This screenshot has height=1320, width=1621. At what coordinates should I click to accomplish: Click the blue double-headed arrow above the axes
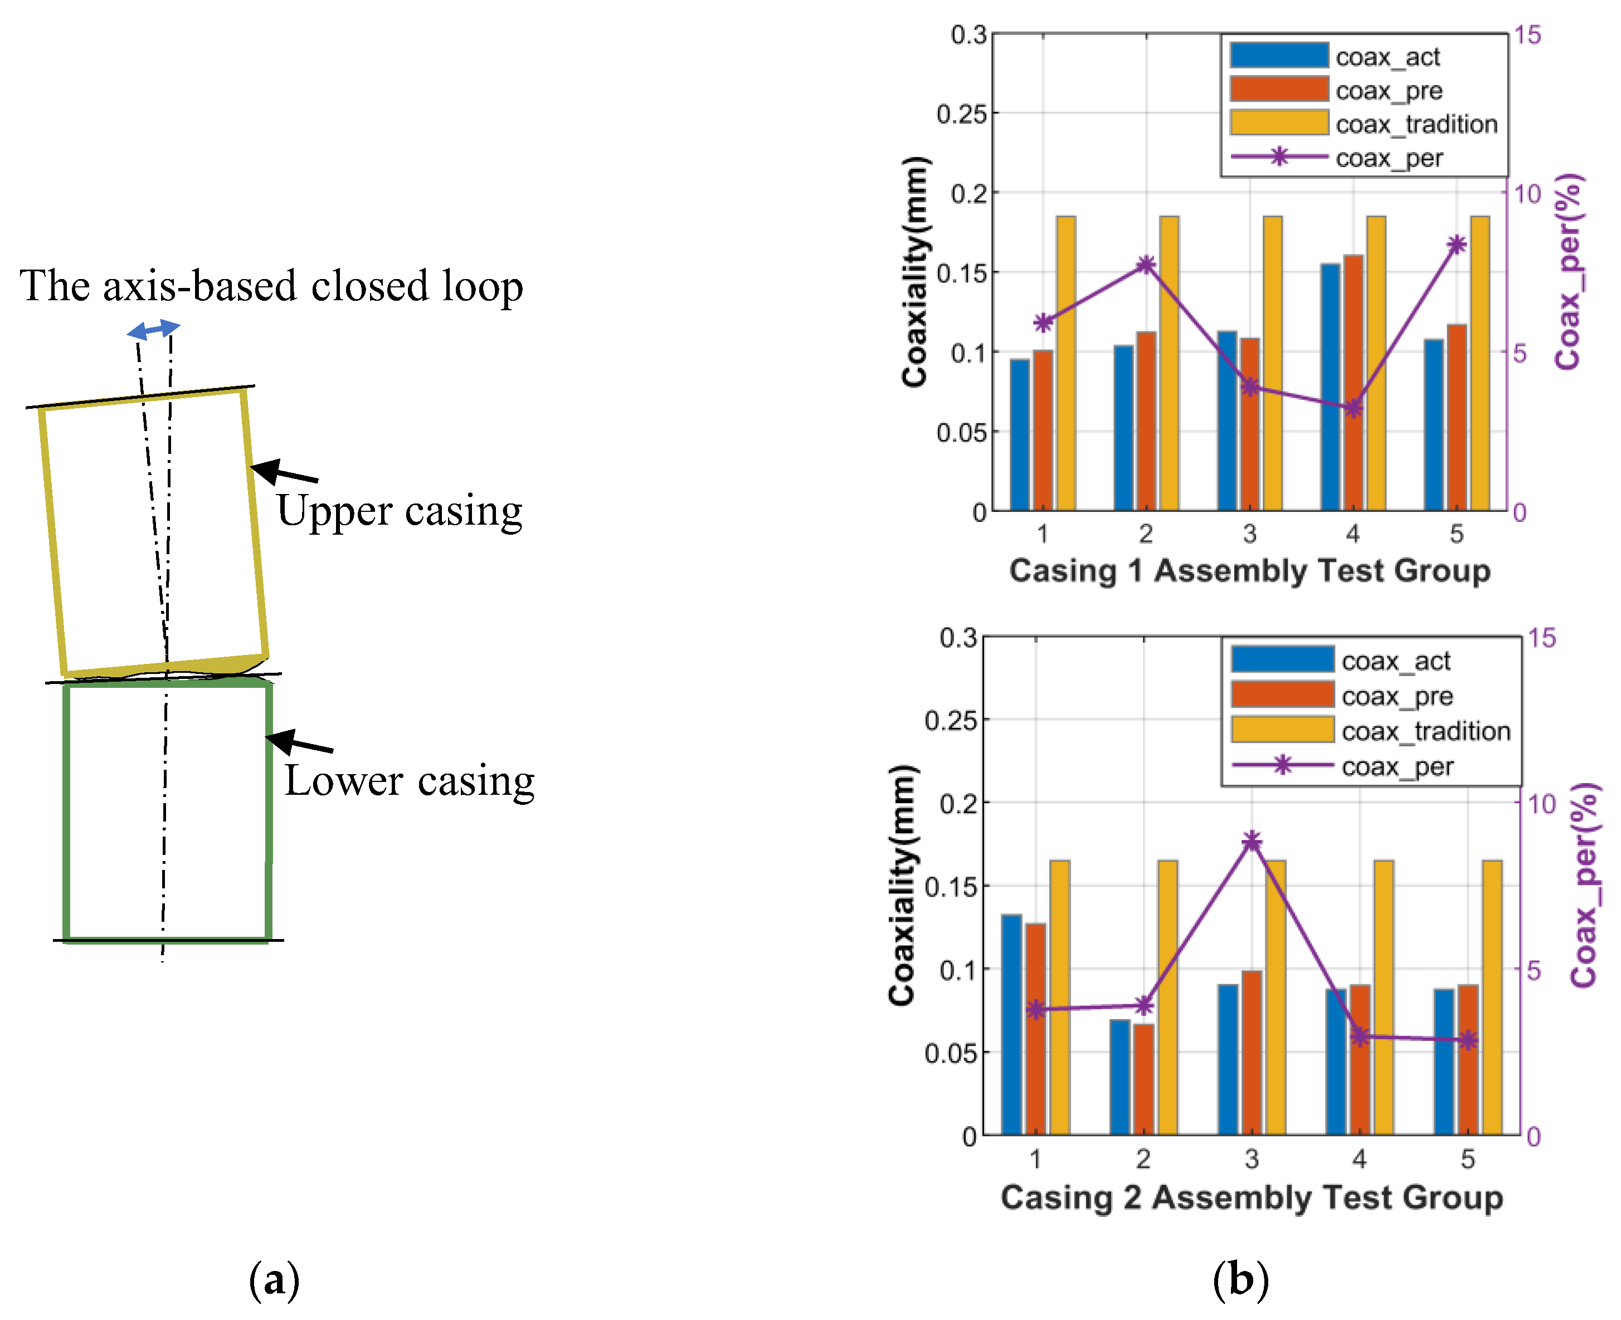(154, 329)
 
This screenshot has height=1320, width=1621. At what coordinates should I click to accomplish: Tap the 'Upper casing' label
(400, 510)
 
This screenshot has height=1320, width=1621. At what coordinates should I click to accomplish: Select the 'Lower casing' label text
(409, 780)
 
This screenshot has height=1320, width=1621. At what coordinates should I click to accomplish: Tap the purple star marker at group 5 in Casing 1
(1457, 245)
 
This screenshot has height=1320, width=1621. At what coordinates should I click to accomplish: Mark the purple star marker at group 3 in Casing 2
(1252, 841)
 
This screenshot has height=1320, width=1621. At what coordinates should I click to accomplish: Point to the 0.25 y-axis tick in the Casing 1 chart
(961, 114)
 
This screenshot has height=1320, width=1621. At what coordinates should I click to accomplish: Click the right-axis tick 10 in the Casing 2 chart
(1542, 803)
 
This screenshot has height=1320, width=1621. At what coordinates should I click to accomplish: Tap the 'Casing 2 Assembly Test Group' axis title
(1252, 1197)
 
